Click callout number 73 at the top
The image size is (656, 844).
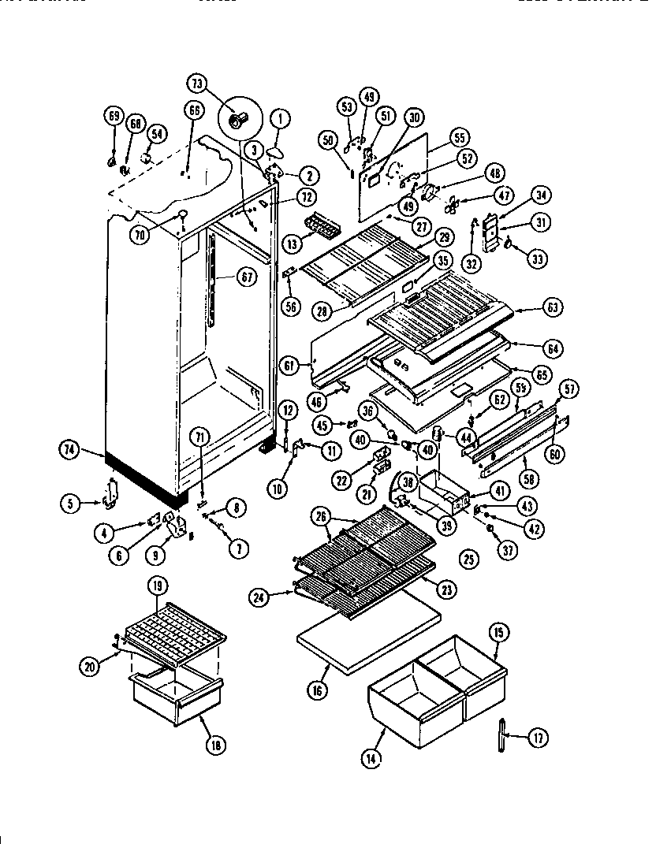[x=198, y=83]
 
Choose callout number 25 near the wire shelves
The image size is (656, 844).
[x=468, y=560]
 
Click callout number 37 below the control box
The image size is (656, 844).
[x=509, y=551]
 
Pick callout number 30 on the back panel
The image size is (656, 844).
[x=415, y=117]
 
